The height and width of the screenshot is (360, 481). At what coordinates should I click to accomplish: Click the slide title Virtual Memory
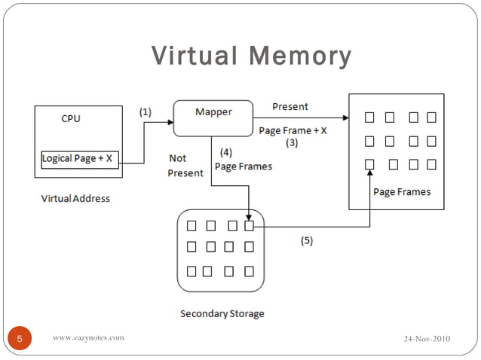[x=251, y=56]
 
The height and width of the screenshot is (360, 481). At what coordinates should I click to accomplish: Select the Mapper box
[x=213, y=117]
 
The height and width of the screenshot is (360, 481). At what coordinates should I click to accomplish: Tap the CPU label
[x=70, y=118]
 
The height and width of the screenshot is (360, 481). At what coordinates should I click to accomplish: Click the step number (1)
[x=145, y=111]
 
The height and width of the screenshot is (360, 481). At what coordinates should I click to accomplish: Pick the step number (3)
[x=291, y=142]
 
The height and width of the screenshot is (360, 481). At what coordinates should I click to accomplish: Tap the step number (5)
[x=306, y=241]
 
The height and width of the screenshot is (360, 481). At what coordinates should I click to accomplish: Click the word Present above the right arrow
[x=290, y=107]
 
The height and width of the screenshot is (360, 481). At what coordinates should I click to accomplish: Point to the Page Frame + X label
[x=293, y=130]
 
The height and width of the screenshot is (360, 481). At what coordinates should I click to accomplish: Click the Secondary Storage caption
[x=222, y=313]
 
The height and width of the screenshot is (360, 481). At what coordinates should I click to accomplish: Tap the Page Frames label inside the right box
[x=402, y=192]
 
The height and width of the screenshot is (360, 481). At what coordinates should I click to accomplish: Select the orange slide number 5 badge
[x=20, y=338]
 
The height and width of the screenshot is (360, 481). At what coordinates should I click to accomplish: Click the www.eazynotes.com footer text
[x=88, y=338]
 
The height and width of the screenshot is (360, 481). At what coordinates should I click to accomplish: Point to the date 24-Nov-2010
[x=427, y=338]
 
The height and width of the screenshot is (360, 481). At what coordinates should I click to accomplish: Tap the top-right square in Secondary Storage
[x=250, y=225]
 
